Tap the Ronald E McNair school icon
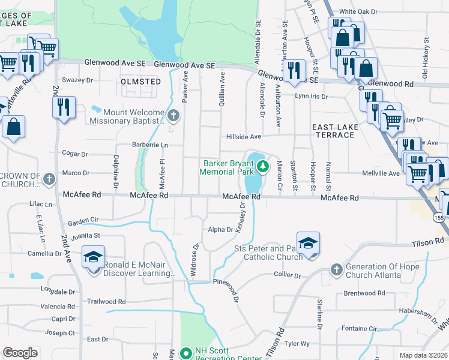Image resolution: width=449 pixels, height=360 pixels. (93, 257)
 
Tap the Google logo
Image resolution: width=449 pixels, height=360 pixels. (20, 353)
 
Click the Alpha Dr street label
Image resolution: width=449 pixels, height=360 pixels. (220, 229)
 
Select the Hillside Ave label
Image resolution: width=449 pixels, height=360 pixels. (243, 137)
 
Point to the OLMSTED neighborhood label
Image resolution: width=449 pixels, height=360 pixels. (140, 81)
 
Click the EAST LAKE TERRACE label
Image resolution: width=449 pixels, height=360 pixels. (333, 131)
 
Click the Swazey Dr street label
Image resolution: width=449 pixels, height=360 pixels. (77, 80)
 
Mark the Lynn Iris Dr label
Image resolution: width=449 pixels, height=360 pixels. (311, 96)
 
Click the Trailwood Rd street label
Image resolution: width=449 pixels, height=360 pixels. (106, 302)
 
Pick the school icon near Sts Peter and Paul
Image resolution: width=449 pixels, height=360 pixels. (308, 243)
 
